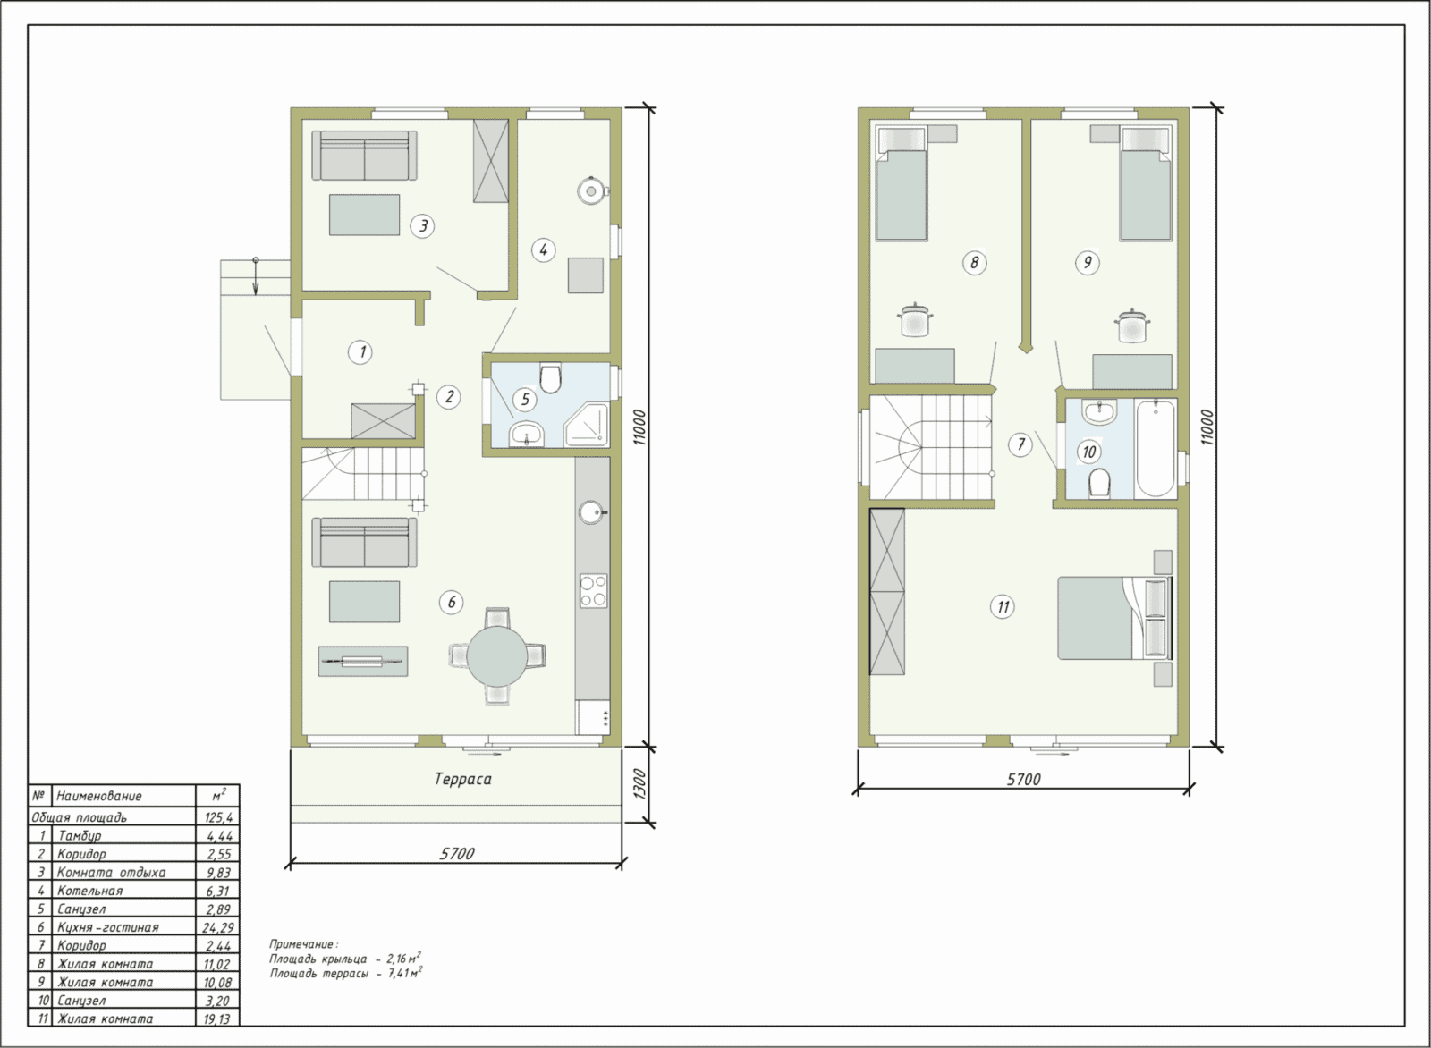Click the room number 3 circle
tap(422, 225)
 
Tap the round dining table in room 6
tap(497, 655)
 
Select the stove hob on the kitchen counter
tap(594, 591)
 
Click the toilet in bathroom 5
tap(550, 377)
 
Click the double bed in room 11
tap(1115, 618)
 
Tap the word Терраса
tap(463, 779)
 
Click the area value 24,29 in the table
tap(218, 927)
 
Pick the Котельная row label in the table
tap(90, 891)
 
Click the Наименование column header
tap(99, 796)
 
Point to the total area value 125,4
tap(218, 817)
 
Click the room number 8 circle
tap(974, 263)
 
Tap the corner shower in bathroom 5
tap(586, 426)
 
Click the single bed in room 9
tap(1146, 183)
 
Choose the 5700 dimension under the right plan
tap(1023, 779)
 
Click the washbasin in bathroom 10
tap(1099, 412)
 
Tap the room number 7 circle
tap(1020, 444)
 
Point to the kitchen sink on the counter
tap(592, 512)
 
